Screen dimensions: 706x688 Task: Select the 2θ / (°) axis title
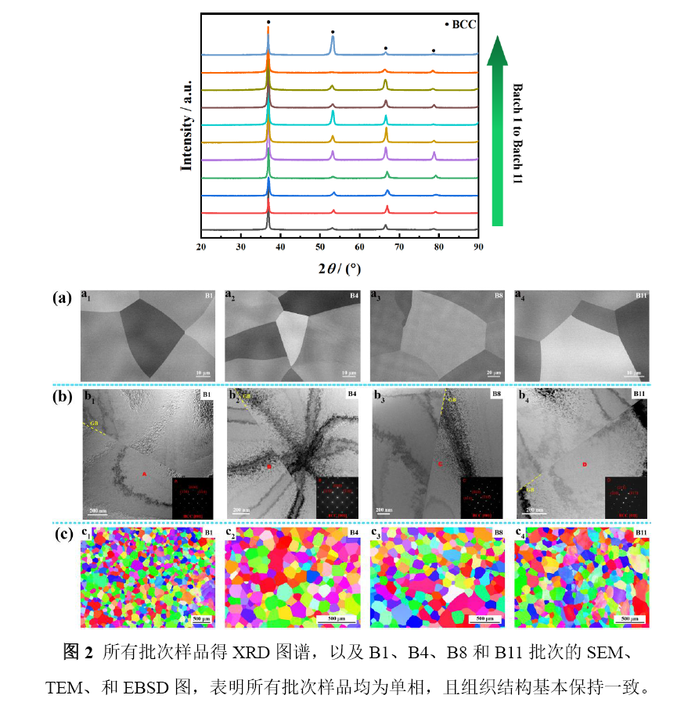(339, 268)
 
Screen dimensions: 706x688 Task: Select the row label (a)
(63, 297)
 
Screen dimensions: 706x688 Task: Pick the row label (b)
(63, 397)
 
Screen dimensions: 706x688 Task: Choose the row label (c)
(63, 536)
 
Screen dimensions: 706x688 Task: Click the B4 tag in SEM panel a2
(353, 296)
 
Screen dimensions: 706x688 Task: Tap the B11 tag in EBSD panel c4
(641, 533)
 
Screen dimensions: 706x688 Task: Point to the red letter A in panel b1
(144, 474)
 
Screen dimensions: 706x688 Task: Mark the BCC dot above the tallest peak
(268, 22)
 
